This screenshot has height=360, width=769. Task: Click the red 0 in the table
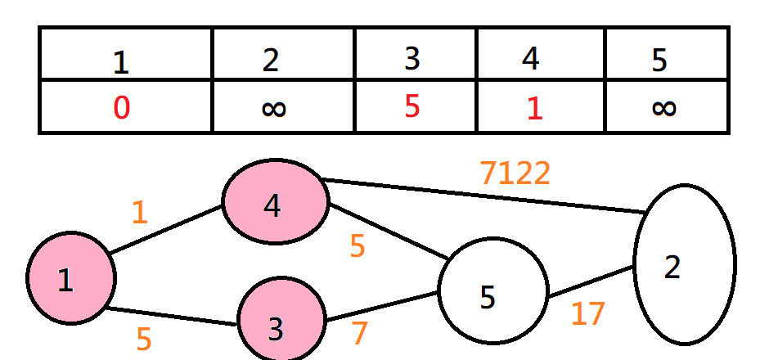pyautogui.click(x=121, y=107)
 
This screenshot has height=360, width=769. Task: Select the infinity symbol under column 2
pyautogui.click(x=274, y=108)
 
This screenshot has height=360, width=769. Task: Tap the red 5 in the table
pyautogui.click(x=413, y=106)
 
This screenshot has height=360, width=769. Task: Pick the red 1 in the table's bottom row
pyautogui.click(x=534, y=108)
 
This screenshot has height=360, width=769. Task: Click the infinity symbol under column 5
pyautogui.click(x=664, y=108)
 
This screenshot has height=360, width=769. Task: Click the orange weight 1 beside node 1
pyautogui.click(x=140, y=213)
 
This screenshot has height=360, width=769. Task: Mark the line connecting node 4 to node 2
pyautogui.click(x=483, y=196)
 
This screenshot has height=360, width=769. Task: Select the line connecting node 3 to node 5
pyautogui.click(x=380, y=306)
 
